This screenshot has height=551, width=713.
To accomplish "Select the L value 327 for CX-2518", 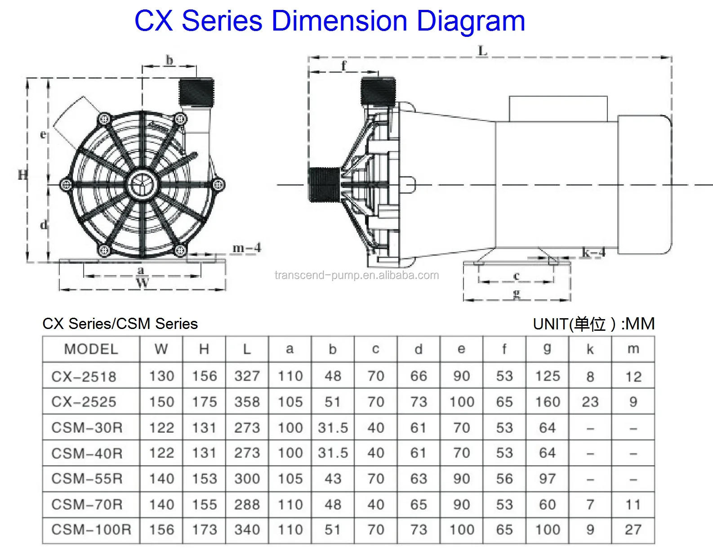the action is pyautogui.click(x=247, y=376).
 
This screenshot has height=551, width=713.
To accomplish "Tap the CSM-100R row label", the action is pyautogui.click(x=91, y=530).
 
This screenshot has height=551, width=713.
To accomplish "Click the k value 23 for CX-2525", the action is pyautogui.click(x=590, y=402).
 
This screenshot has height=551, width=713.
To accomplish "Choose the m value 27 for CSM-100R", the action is pyautogui.click(x=633, y=530).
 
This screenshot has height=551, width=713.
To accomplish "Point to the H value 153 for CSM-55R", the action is pyautogui.click(x=204, y=479).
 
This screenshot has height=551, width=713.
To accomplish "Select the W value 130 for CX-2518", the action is pyautogui.click(x=161, y=376).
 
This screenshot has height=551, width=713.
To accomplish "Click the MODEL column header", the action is pyautogui.click(x=91, y=349).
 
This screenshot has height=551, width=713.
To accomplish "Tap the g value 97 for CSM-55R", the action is pyautogui.click(x=547, y=479).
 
